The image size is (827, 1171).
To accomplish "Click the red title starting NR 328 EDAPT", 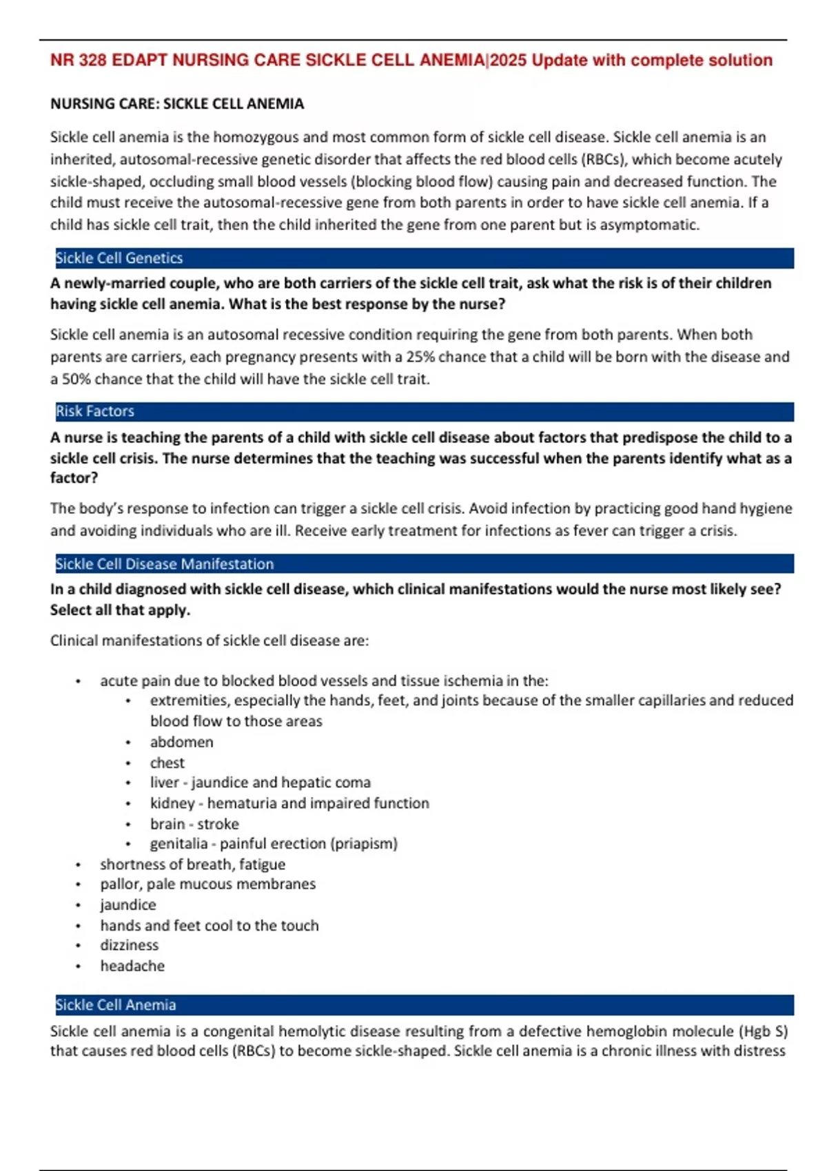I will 411,61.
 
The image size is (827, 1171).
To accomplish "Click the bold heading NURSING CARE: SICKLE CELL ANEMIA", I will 177,104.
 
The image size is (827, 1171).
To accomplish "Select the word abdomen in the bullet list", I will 182,742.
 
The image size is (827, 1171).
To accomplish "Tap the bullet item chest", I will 167,763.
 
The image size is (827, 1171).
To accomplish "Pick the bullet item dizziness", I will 130,945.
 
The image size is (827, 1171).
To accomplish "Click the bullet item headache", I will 132,966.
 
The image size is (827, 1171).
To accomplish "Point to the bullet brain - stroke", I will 194,824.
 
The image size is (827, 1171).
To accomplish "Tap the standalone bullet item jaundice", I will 128,904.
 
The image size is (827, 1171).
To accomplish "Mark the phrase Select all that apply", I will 120,610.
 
